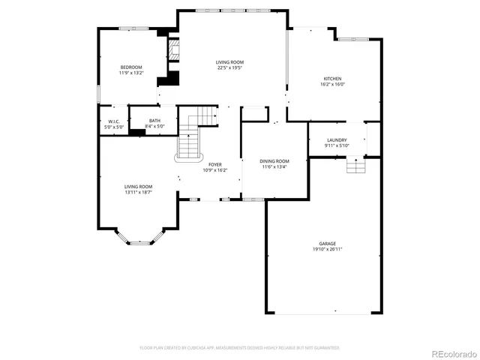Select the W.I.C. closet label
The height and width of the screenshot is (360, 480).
pos(114,121)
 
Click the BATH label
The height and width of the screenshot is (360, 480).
pos(154,121)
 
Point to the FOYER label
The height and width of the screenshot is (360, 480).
pos(215,164)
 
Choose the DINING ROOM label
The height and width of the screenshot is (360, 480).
pos(274,161)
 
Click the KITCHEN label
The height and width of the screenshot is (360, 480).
pos(333,79)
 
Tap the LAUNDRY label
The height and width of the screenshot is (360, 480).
pos(337,140)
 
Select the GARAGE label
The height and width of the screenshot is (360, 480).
pos(328,244)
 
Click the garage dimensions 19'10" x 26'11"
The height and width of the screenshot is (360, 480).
pos(328,250)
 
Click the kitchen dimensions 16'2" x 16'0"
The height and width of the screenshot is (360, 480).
pos(333,85)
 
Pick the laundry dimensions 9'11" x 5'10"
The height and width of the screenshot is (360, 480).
pos(337,146)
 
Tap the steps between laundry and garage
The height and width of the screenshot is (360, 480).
pos(355,166)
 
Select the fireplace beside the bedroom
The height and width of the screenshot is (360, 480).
pos(174,51)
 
